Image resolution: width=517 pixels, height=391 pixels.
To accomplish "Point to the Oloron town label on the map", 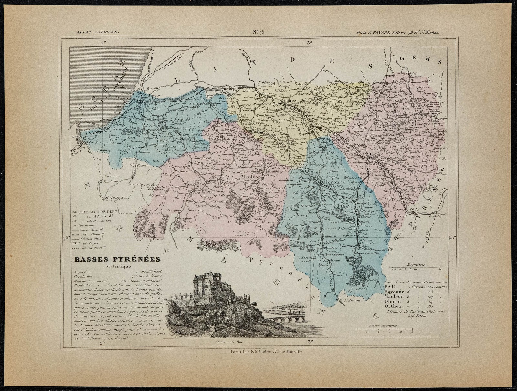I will [330, 182].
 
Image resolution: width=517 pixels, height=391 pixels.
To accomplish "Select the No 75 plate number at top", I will [258, 31].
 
